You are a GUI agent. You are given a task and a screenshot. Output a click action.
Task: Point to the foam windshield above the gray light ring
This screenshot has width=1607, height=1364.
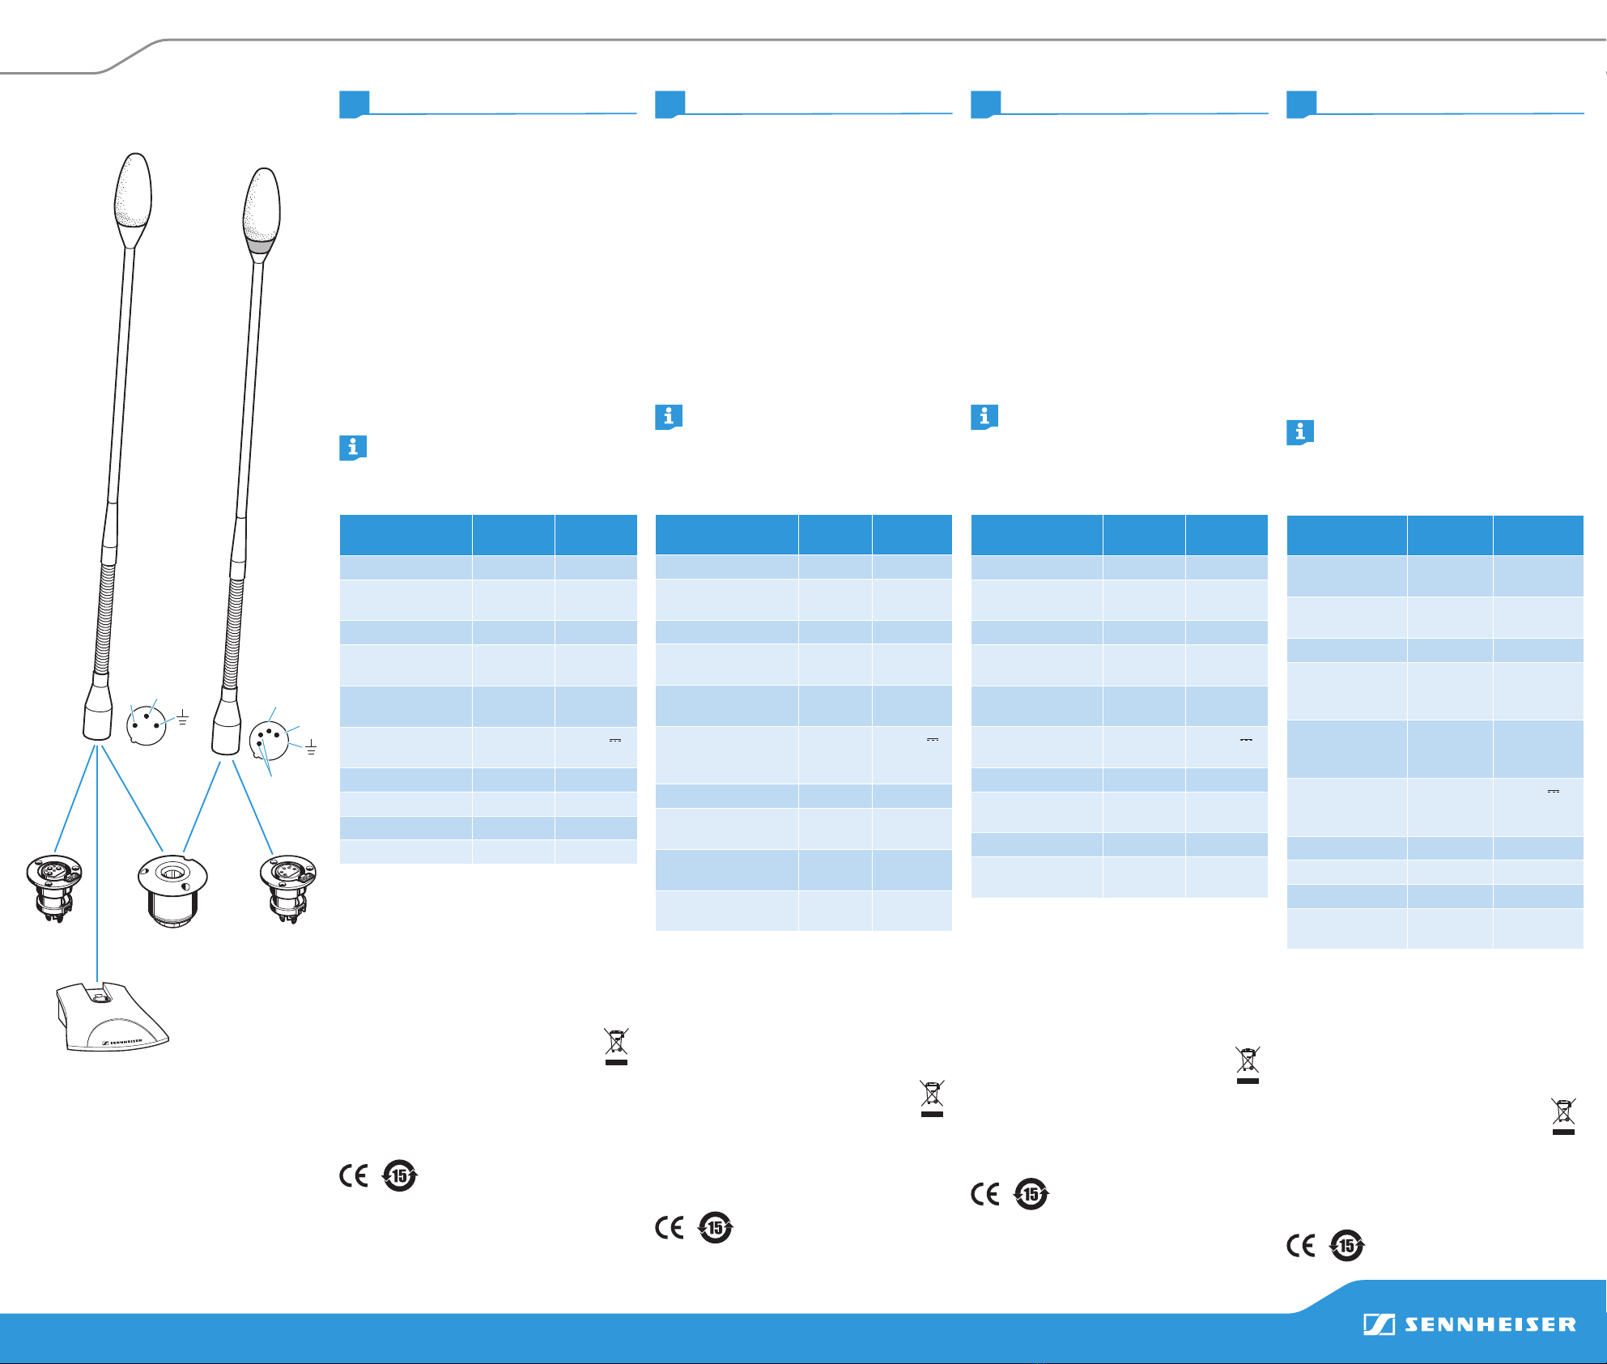pyautogui.click(x=261, y=203)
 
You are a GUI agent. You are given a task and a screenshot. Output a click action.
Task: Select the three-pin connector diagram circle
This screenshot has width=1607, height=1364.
pyautogui.click(x=147, y=725)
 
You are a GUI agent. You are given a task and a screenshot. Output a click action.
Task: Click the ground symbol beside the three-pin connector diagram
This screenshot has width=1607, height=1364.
pyautogui.click(x=183, y=716)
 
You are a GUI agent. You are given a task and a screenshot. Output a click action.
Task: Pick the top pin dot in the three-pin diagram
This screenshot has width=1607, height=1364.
pyautogui.click(x=147, y=716)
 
